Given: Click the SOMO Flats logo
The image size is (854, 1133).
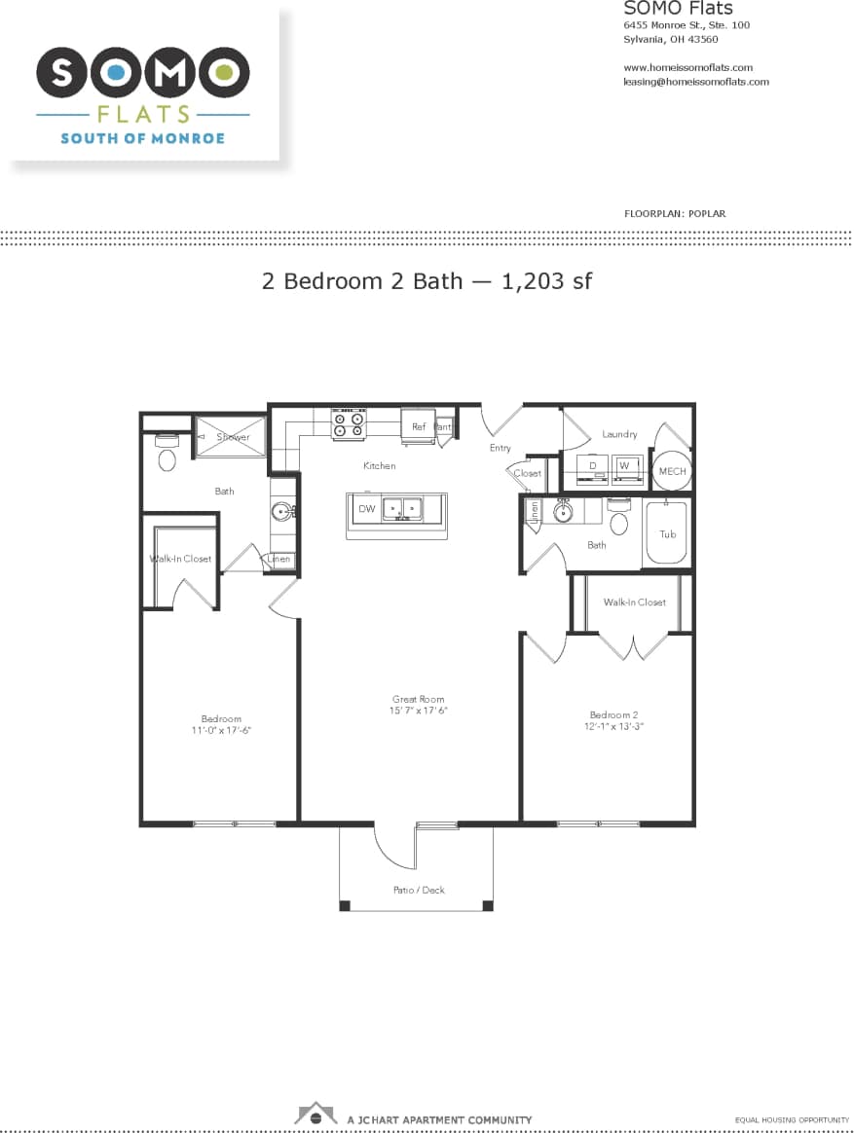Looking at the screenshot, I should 143,88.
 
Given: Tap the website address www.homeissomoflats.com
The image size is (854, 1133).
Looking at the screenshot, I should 687,67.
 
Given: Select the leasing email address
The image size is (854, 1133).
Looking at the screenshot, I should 695,82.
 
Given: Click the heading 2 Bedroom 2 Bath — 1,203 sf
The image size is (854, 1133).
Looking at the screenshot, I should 427,281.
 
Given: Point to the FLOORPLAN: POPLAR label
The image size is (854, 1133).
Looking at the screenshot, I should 674,213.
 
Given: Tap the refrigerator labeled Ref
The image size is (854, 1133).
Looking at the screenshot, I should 418,426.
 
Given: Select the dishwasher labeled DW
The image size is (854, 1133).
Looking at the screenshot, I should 367,509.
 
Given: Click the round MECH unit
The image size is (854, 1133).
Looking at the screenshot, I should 672,471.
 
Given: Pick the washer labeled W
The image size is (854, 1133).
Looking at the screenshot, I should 624,466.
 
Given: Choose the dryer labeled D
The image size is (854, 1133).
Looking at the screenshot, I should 592,466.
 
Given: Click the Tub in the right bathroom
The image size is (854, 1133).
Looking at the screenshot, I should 667,534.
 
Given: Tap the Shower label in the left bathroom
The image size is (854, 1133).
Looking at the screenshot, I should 233,437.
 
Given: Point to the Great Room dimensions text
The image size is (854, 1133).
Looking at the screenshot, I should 419,711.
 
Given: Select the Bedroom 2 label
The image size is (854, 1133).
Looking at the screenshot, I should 613,714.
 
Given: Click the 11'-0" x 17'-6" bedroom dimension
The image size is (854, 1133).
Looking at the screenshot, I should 221,730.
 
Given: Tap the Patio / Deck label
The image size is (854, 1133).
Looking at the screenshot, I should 419,890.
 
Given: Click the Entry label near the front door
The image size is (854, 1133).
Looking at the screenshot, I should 500,448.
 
